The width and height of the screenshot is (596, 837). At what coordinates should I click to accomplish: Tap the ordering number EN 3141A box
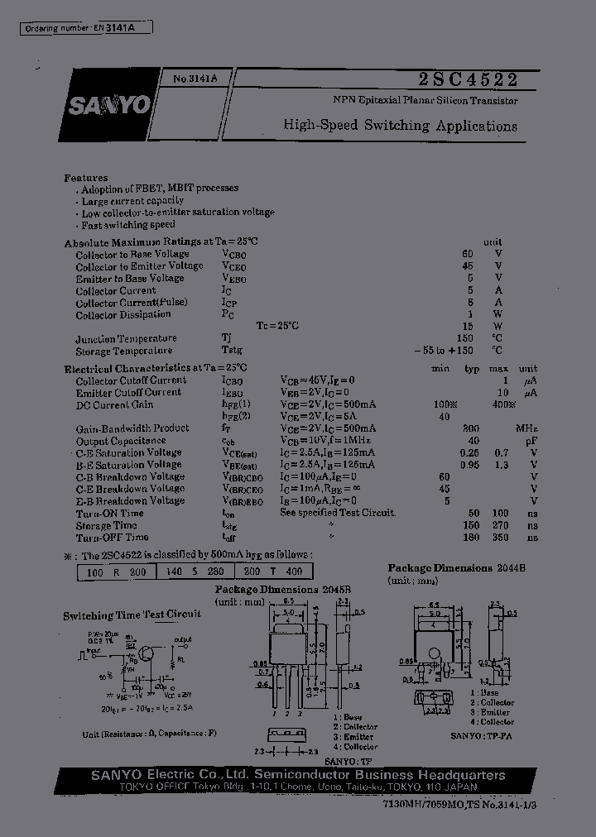[86, 28]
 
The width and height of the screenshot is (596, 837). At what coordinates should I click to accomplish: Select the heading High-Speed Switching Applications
[400, 126]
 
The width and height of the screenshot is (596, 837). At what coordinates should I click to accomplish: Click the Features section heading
[85, 178]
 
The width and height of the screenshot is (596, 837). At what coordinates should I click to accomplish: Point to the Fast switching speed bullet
[128, 224]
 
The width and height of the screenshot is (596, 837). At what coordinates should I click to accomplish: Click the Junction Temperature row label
[126, 339]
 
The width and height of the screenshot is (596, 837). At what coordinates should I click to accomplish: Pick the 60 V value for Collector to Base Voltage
[468, 254]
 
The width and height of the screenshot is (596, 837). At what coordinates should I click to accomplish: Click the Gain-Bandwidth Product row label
[132, 428]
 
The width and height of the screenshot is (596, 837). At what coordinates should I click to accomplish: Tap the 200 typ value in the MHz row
[471, 428]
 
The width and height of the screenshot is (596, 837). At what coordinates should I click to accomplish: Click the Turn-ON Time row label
[109, 513]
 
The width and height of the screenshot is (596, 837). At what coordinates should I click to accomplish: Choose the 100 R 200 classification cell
[114, 572]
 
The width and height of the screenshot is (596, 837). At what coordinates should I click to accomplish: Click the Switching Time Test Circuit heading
[132, 615]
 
